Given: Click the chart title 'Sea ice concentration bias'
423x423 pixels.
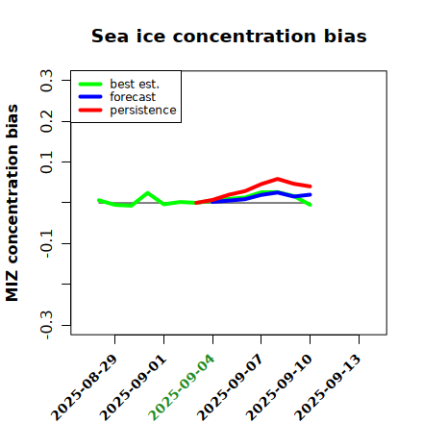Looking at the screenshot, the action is point(229,36).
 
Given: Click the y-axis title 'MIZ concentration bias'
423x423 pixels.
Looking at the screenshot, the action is point(12,203).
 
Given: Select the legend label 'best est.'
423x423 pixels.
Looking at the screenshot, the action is point(135,85).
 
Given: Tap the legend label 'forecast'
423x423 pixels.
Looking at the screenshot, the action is point(133,97).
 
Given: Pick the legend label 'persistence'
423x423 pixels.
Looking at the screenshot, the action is point(143,111).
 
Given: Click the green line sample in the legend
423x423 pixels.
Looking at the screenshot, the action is point(90,84).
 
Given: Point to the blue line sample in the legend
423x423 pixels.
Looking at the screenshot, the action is point(90,97).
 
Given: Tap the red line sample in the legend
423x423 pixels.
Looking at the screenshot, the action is point(90,111).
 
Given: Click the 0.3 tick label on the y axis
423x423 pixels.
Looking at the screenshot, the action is point(46,81).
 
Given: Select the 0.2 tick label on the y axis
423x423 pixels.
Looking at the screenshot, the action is point(46,121).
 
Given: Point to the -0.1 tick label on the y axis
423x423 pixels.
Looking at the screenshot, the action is point(46,243).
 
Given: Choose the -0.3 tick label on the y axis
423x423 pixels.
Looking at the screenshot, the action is point(46,325).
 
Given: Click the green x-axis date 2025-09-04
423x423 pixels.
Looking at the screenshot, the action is point(182,387).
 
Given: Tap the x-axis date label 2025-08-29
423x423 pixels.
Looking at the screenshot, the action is point(84,387).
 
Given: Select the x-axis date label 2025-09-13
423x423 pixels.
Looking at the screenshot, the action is point(328,387).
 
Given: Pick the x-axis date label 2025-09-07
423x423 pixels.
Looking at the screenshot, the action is point(230,387).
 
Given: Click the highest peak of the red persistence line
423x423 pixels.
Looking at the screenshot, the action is point(278,179).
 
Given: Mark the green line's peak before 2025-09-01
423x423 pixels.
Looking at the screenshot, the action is point(147,193).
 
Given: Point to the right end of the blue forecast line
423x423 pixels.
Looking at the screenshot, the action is point(310,194).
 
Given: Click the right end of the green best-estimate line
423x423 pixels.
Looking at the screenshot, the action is point(310,205).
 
